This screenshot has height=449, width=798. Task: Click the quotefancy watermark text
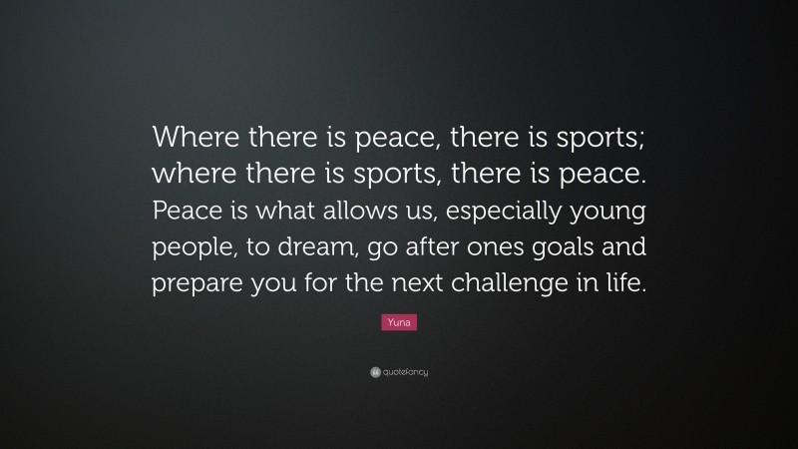pos(405,372)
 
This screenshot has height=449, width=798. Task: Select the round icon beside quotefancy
pos(374,372)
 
